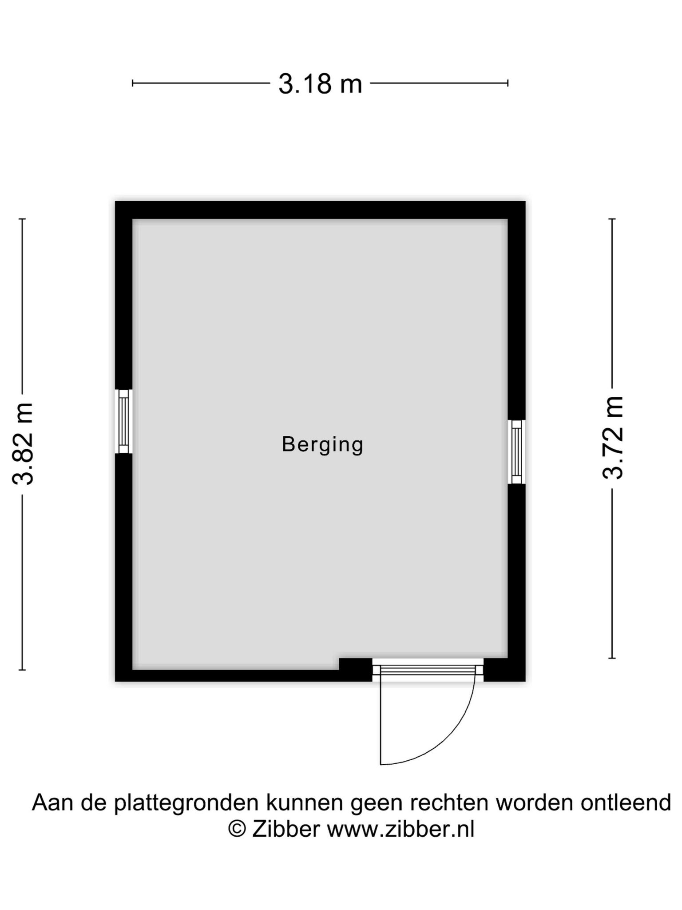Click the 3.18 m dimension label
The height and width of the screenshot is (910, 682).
tap(320, 84)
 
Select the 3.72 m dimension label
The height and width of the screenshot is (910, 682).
tap(613, 438)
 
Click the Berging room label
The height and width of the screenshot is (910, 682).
tap(323, 445)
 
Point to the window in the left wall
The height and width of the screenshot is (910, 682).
tap(123, 421)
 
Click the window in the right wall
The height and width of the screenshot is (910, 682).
tap(516, 452)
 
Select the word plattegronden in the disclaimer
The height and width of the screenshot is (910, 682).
tap(186, 803)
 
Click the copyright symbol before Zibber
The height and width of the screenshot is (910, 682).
tap(237, 829)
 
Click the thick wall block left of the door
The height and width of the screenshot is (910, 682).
tap(356, 670)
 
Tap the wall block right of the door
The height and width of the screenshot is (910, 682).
tap(504, 670)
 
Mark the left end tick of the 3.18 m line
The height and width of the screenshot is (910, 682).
tap(132, 83)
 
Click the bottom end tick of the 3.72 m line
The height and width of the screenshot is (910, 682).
tap(612, 658)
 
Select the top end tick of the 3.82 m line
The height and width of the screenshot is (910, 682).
tap(22, 219)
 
